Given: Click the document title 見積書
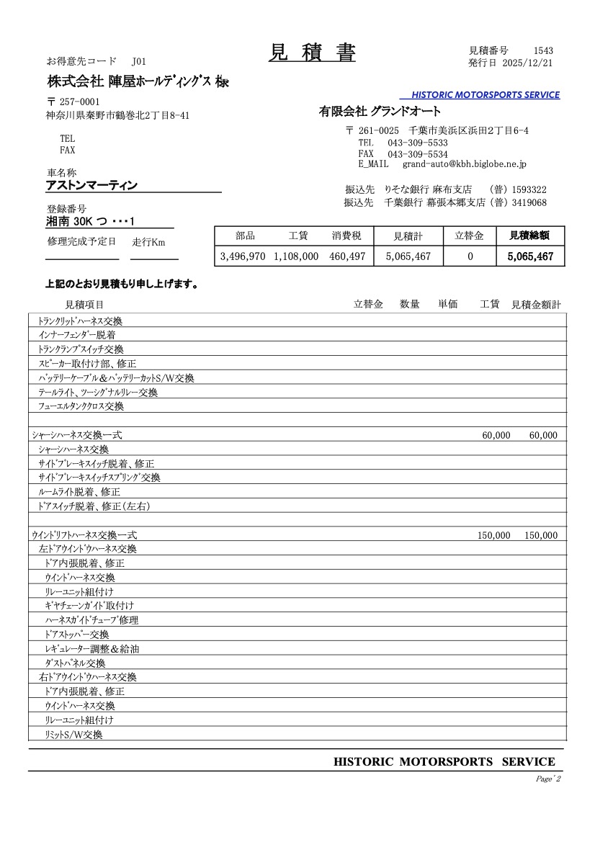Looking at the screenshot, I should [x=312, y=53].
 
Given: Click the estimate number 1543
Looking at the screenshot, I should [x=543, y=50].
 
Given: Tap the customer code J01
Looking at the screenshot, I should [x=138, y=61].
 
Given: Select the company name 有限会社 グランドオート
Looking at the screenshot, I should [x=380, y=111].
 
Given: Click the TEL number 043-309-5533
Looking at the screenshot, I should [x=417, y=143].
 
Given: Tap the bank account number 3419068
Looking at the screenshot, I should [x=529, y=203].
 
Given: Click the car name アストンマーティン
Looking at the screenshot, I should [x=91, y=186].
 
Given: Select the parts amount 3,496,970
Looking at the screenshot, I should [x=243, y=256].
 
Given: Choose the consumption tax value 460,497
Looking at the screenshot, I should [x=348, y=256].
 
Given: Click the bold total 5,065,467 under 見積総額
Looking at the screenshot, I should [x=529, y=256].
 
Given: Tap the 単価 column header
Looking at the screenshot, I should [x=448, y=305].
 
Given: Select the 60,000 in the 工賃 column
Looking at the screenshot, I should [x=496, y=436].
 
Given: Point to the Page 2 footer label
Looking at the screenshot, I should [x=548, y=779].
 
